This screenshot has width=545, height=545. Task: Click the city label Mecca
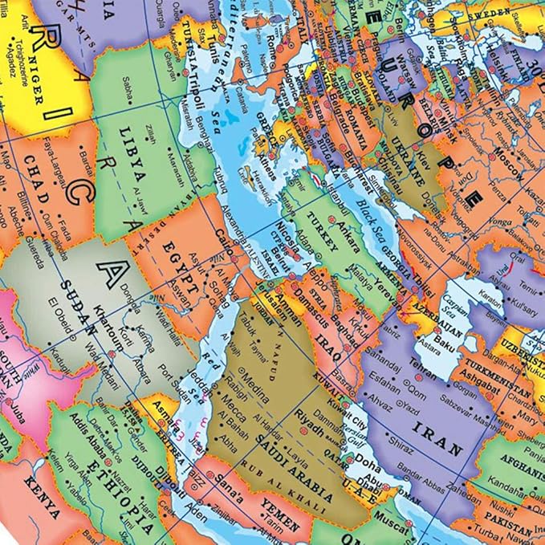(233, 397)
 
